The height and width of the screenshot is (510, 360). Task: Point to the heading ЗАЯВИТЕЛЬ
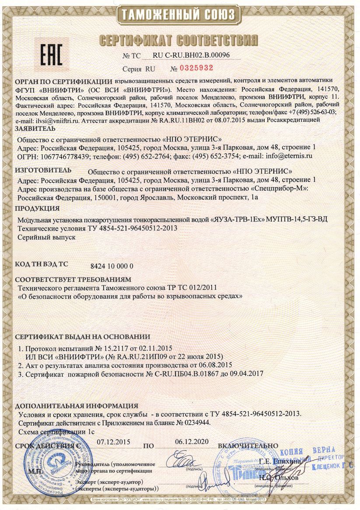35,128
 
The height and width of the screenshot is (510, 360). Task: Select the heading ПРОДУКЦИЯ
37,208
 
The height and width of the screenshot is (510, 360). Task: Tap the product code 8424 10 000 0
112,266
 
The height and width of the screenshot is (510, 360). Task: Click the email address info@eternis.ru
287,156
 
